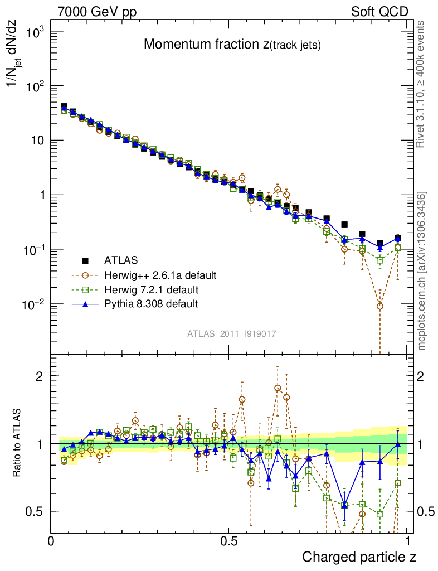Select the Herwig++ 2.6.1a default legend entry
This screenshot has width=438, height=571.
tap(159, 275)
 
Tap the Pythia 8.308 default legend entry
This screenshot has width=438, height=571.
tap(151, 304)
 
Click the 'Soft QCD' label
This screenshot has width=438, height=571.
tap(379, 12)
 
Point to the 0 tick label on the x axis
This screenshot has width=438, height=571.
tap(51, 541)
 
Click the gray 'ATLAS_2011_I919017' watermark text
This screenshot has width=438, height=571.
tap(232, 333)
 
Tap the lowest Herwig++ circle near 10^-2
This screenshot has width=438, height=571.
tap(380, 306)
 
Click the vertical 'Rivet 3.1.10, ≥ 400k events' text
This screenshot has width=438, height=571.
tap(421, 84)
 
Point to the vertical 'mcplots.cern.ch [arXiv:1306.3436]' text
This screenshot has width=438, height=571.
tap(422, 271)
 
